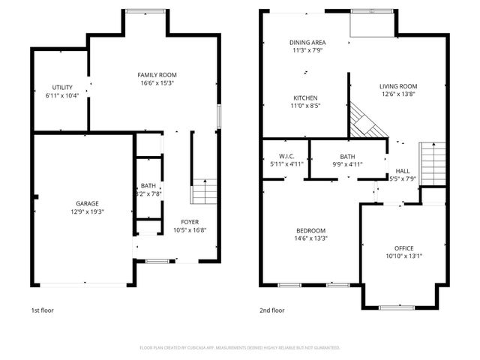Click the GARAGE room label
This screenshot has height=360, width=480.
pos(87,203)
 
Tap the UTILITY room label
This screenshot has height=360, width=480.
pos(61,88)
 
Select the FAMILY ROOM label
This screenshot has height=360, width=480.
pos(157,75)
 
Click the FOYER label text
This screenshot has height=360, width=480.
pos(190,221)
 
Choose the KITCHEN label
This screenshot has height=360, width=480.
pos(305,98)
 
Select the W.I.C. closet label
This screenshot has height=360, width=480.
pos(286,156)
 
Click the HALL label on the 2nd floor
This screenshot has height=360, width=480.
pos(403,170)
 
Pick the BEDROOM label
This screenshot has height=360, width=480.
pos(310,229)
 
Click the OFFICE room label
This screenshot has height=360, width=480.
pos(403,247)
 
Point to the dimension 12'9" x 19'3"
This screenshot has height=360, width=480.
pos(87,211)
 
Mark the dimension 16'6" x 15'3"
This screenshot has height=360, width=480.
pos(157,83)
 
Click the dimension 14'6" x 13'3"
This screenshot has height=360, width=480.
pos(310,238)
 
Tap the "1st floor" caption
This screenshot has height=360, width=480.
pos(42,310)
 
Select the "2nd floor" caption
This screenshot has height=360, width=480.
pos(272,310)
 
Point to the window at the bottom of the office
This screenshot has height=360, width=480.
pos(396,307)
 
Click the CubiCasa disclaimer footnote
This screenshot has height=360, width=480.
pos(240,347)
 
